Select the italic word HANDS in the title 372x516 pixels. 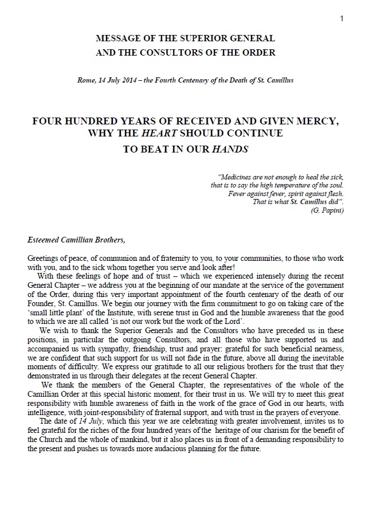(229, 147)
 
